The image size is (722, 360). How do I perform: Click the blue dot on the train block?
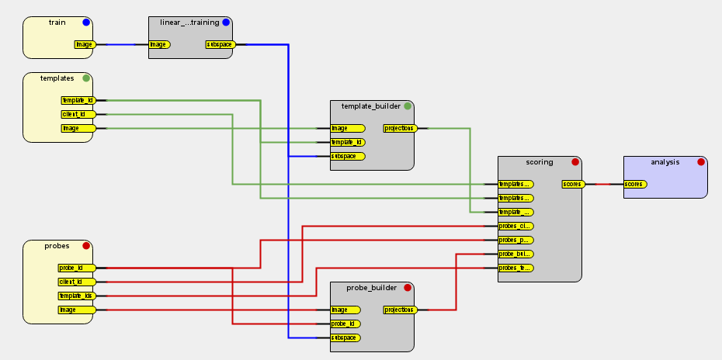pyautogui.click(x=86, y=22)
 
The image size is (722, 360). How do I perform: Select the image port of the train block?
pyautogui.click(x=85, y=44)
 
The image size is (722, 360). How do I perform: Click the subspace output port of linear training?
pyautogui.click(x=220, y=44)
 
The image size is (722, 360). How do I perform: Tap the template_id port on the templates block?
pyautogui.click(x=78, y=100)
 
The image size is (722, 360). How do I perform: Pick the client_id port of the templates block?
pyautogui.click(x=78, y=114)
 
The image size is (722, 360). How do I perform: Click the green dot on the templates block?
pyautogui.click(x=86, y=78)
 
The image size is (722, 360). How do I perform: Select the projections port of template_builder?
pyautogui.click(x=400, y=128)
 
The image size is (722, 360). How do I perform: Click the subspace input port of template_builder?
pyautogui.click(x=347, y=156)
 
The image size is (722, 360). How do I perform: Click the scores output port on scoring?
pyautogui.click(x=572, y=184)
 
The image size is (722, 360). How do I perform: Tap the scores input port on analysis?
pyautogui.click(x=635, y=184)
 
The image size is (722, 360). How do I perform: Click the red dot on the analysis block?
pyautogui.click(x=701, y=162)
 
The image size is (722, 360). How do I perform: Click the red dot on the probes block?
pyautogui.click(x=86, y=246)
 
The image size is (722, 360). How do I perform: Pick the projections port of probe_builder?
pyautogui.click(x=400, y=310)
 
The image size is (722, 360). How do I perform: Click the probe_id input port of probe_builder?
pyautogui.click(x=347, y=324)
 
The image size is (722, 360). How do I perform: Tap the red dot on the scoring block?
pyautogui.click(x=575, y=162)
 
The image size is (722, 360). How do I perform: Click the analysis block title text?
pyautogui.click(x=665, y=162)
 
